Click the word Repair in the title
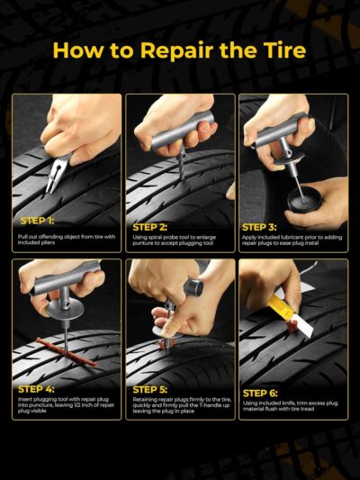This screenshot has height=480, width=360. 170,50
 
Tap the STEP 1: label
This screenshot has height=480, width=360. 39,220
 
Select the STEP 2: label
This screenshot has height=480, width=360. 151,227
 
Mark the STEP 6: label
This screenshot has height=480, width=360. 261,393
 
